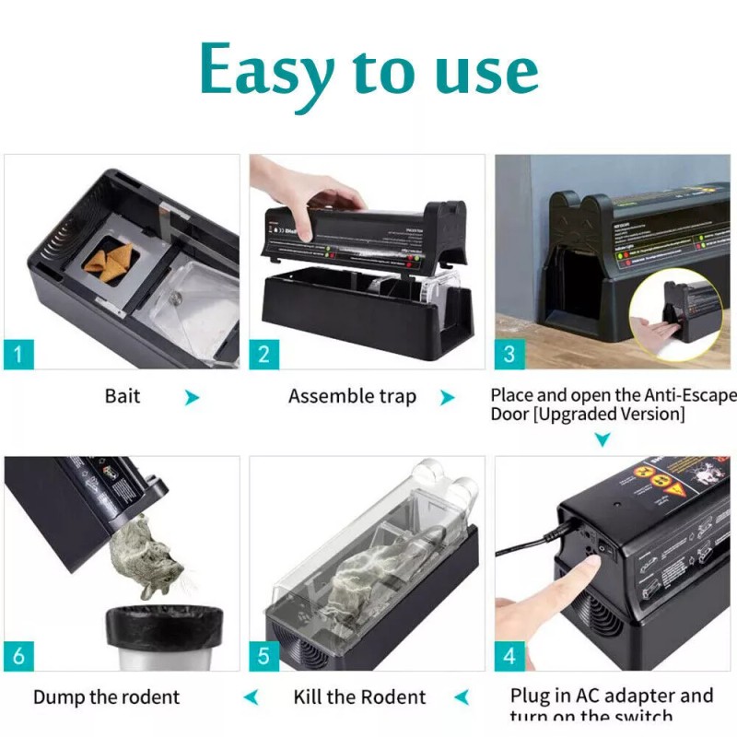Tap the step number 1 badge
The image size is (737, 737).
(20, 354)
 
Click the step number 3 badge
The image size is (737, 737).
(510, 354)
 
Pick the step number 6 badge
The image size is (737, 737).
(20, 656)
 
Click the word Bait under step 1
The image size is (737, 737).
(123, 397)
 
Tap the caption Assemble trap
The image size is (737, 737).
(352, 397)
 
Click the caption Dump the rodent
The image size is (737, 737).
(107, 696)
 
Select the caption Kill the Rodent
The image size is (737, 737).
(360, 696)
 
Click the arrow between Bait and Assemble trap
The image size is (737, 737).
(192, 398)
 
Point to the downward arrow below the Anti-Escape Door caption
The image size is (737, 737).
(602, 441)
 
